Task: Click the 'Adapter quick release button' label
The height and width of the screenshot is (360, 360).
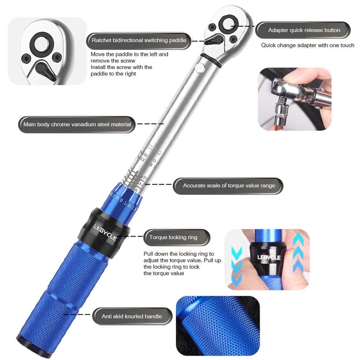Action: click(304, 30)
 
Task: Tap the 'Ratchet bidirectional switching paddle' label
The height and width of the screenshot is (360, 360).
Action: click(139, 40)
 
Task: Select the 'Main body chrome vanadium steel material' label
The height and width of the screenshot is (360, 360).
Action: click(77, 124)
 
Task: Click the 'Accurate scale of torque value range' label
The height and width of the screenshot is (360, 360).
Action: click(229, 186)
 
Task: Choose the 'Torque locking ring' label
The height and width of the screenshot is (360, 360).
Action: click(173, 237)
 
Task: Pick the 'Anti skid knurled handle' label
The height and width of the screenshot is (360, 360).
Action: click(132, 316)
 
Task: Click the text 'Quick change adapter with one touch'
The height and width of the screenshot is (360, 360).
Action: click(307, 45)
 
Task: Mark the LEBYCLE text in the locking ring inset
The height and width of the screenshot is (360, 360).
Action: click(269, 257)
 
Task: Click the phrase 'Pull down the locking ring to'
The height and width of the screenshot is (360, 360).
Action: click(178, 254)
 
